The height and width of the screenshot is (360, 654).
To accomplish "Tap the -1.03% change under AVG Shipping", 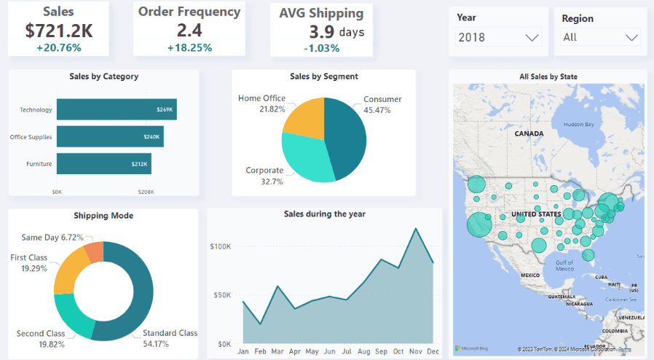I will pyautogui.click(x=321, y=48).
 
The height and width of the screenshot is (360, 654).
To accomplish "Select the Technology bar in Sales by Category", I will pyautogui.click(x=117, y=109).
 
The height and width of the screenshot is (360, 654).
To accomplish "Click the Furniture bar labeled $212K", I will pyautogui.click(x=103, y=164).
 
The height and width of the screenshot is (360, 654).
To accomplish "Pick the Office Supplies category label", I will pyautogui.click(x=31, y=137).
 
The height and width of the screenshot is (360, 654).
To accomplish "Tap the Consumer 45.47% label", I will pyautogui.click(x=382, y=104).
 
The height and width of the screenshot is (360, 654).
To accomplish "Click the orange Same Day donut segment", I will pyautogui.click(x=94, y=253).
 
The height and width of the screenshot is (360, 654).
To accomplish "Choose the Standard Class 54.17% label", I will pyautogui.click(x=169, y=337).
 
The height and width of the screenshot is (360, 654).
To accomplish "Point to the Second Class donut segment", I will pyautogui.click(x=74, y=314).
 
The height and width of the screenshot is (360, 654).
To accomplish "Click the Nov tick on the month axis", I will pyautogui.click(x=416, y=352).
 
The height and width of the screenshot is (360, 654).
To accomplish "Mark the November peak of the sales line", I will pyautogui.click(x=416, y=228).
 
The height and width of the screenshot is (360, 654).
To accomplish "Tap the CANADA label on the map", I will pyautogui.click(x=529, y=134).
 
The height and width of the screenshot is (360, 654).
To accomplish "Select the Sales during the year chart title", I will pyautogui.click(x=324, y=214).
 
